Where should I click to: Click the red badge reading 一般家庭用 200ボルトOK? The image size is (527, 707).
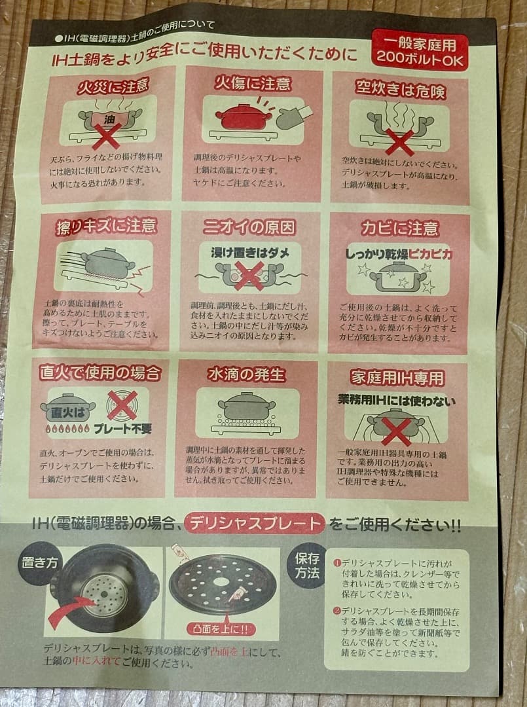click(x=420, y=50)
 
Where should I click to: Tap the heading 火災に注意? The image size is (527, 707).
click(x=113, y=86)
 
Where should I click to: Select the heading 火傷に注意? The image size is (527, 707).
click(x=253, y=84)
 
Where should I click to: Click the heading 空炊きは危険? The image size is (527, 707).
click(x=401, y=89)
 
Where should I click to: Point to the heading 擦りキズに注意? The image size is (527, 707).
click(x=106, y=227)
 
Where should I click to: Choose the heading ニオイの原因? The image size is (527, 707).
click(x=249, y=227)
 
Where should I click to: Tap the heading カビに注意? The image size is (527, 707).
click(x=399, y=228)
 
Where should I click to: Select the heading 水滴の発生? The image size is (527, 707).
click(x=246, y=374)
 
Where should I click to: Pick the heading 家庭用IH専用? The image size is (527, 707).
click(x=397, y=378)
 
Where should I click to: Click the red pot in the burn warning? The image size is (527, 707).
click(x=244, y=117)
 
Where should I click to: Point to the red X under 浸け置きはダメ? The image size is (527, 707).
click(x=249, y=275)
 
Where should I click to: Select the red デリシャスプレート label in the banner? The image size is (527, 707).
click(x=255, y=524)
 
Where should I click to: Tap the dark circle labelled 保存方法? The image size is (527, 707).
click(x=307, y=564)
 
